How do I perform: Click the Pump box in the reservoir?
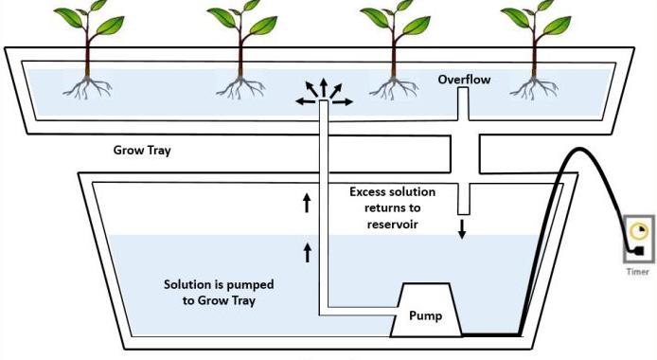pos(426,310)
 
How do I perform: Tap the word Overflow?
pos(464,80)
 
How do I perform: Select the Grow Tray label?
pos(142,151)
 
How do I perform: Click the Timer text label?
pos(638,272)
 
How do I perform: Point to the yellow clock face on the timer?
pos(639,231)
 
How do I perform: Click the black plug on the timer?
pos(639,251)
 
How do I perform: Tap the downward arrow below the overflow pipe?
pos(462,229)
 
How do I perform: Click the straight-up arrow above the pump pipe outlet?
pos(324,88)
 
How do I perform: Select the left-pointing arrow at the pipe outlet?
pos(306,101)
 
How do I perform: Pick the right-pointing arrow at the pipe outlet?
pos(343,101)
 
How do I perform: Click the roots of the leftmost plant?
pos(87,88)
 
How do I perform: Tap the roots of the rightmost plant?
pos(534,88)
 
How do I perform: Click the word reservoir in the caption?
pos(393,225)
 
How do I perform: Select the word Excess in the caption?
pos(367,192)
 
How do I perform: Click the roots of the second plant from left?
pos(240,88)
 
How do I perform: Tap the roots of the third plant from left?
pos(394,88)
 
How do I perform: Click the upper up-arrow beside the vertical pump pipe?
pos(307,203)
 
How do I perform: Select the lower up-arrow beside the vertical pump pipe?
pos(308,253)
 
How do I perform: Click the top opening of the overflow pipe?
pos(463,89)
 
